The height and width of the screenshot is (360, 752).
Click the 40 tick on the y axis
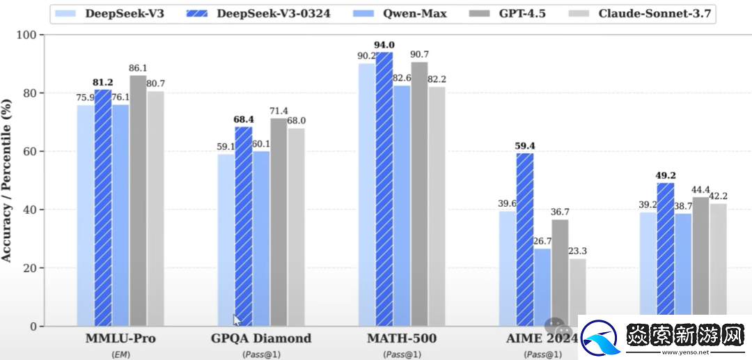point(31,210)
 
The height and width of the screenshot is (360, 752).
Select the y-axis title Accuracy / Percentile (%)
point(7,180)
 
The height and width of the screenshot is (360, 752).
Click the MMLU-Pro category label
point(121,339)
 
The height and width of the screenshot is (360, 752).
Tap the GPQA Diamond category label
point(261,339)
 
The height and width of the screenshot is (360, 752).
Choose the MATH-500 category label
point(402,339)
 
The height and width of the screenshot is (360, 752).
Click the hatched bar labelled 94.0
point(384,188)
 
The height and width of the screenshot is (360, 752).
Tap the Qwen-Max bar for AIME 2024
point(542,287)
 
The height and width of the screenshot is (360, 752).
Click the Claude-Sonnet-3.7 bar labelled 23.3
point(578,292)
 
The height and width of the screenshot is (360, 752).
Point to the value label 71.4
point(279,111)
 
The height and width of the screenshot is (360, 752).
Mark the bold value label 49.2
point(666,175)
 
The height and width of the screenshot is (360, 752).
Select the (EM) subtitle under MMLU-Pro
point(121,354)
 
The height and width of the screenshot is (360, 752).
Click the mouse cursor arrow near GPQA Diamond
point(237,320)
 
